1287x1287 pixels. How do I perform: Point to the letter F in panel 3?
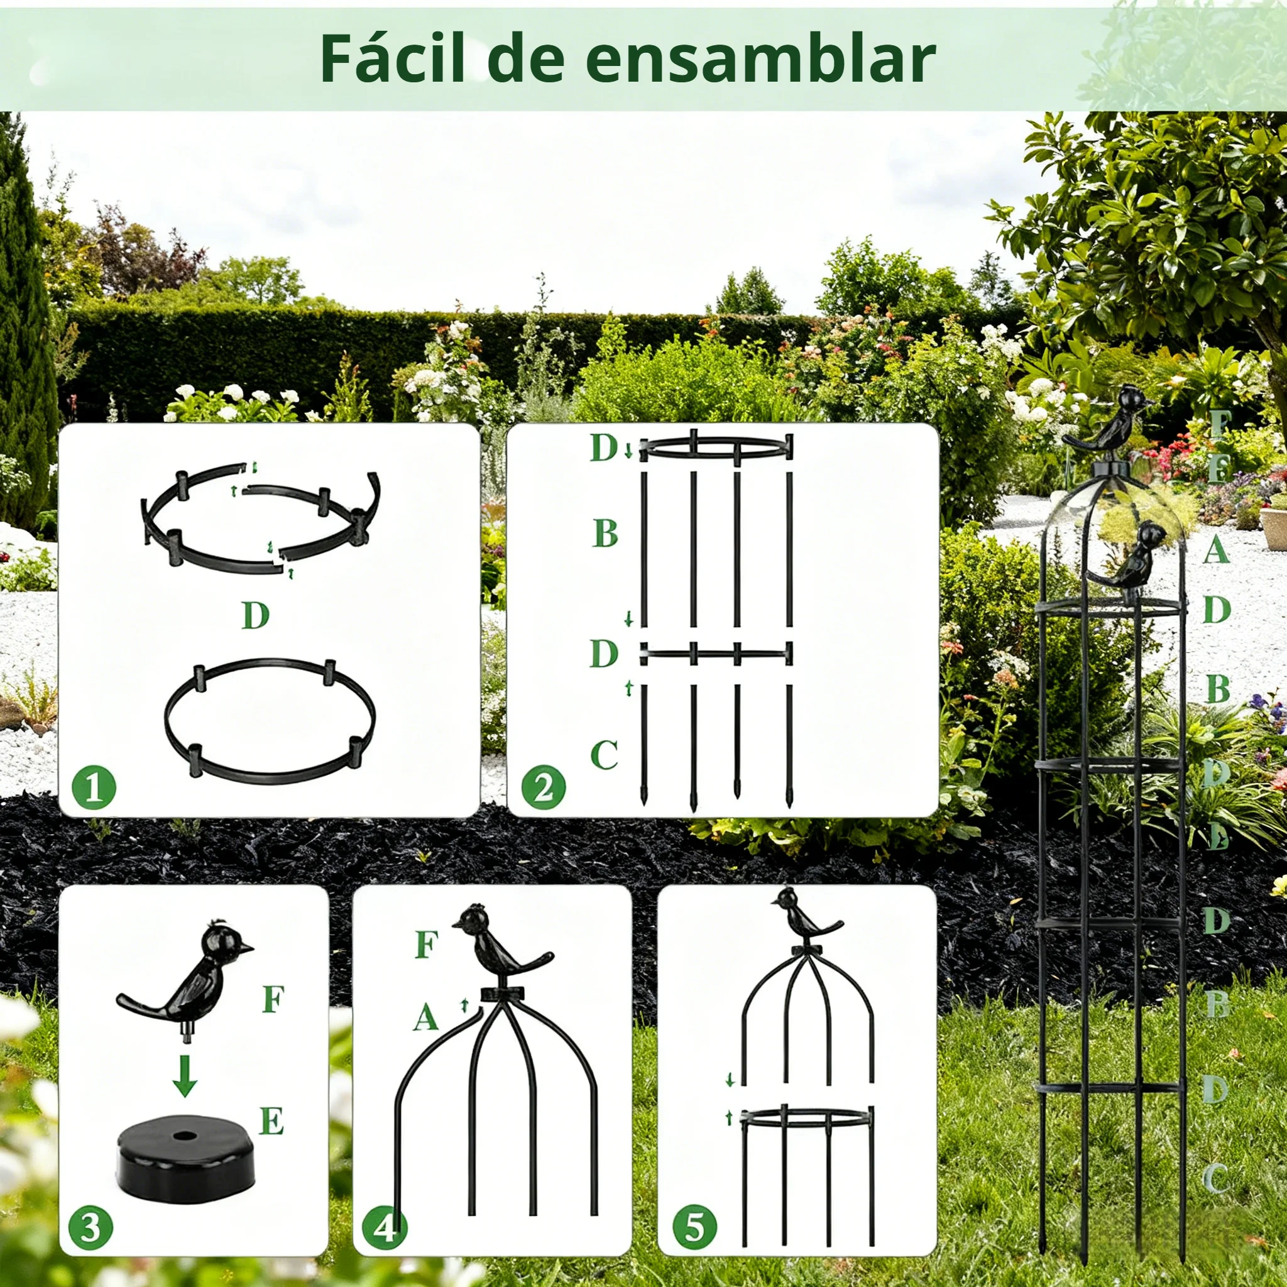click(273, 999)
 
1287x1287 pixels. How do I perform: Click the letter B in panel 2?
click(605, 534)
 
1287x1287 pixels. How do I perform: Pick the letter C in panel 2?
click(603, 755)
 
